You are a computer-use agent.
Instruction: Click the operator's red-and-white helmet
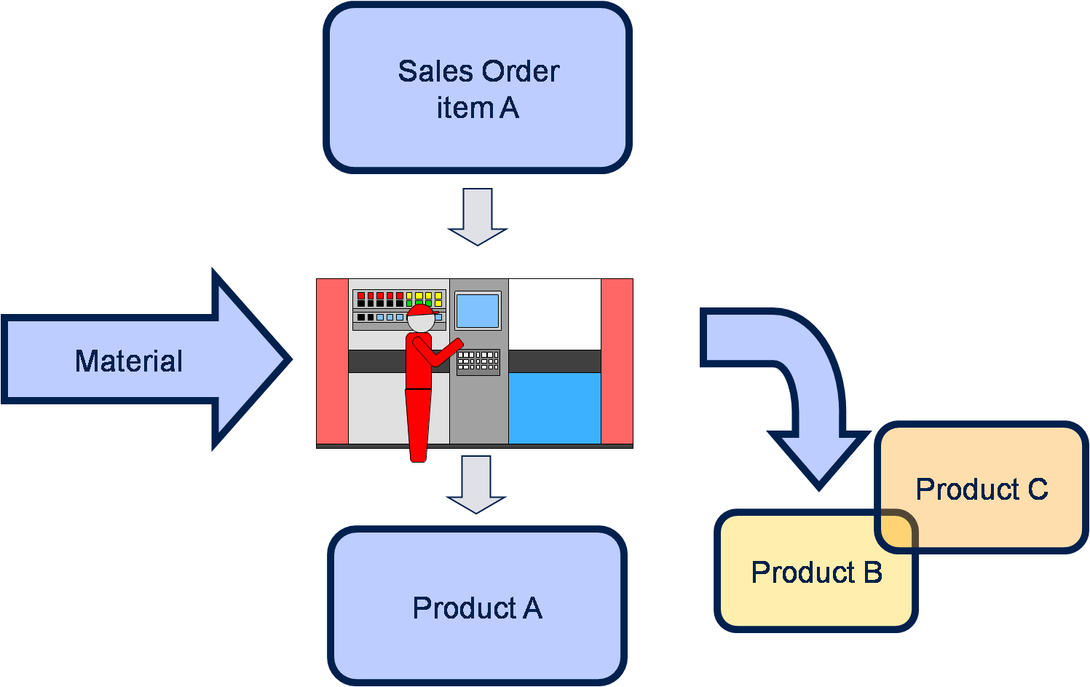pos(420,318)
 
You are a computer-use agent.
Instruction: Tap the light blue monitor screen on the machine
pos(478,311)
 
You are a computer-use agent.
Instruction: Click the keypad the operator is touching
pos(478,361)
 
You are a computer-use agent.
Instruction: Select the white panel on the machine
pos(554,314)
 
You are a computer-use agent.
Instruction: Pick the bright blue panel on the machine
pos(554,408)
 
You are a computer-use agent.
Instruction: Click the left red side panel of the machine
pos(332,361)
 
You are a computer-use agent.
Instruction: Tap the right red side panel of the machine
pos(617,361)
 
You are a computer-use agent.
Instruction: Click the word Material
pos(129,361)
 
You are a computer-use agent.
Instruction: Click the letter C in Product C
pos(1038,490)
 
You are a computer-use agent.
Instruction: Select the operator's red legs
pos(418,424)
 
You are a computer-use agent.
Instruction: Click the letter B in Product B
pos(872,573)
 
